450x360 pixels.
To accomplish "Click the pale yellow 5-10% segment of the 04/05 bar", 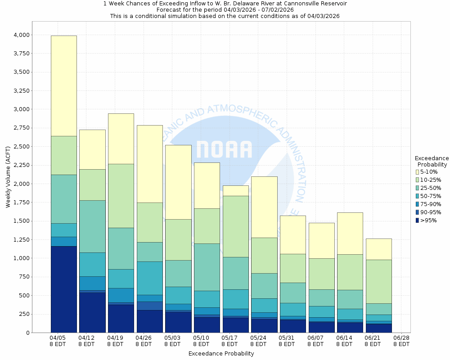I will coord(63,85).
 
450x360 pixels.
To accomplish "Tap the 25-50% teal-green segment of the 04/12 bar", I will coord(92,226).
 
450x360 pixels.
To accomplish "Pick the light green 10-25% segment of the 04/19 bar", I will coord(121,196).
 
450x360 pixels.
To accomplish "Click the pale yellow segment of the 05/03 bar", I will coord(178,182).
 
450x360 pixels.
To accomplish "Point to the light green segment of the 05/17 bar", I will coord(235,226).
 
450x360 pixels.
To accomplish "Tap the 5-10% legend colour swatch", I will coord(417,172).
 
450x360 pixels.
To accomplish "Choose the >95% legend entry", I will coord(428,220).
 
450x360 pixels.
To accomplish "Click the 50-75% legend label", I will coord(431,196).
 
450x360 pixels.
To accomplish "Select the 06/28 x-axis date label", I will coord(401,341).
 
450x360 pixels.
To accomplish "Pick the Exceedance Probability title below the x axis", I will coord(221,354).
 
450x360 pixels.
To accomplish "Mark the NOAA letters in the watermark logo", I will coord(224,149).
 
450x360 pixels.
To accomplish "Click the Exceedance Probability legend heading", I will coord(432,161).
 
